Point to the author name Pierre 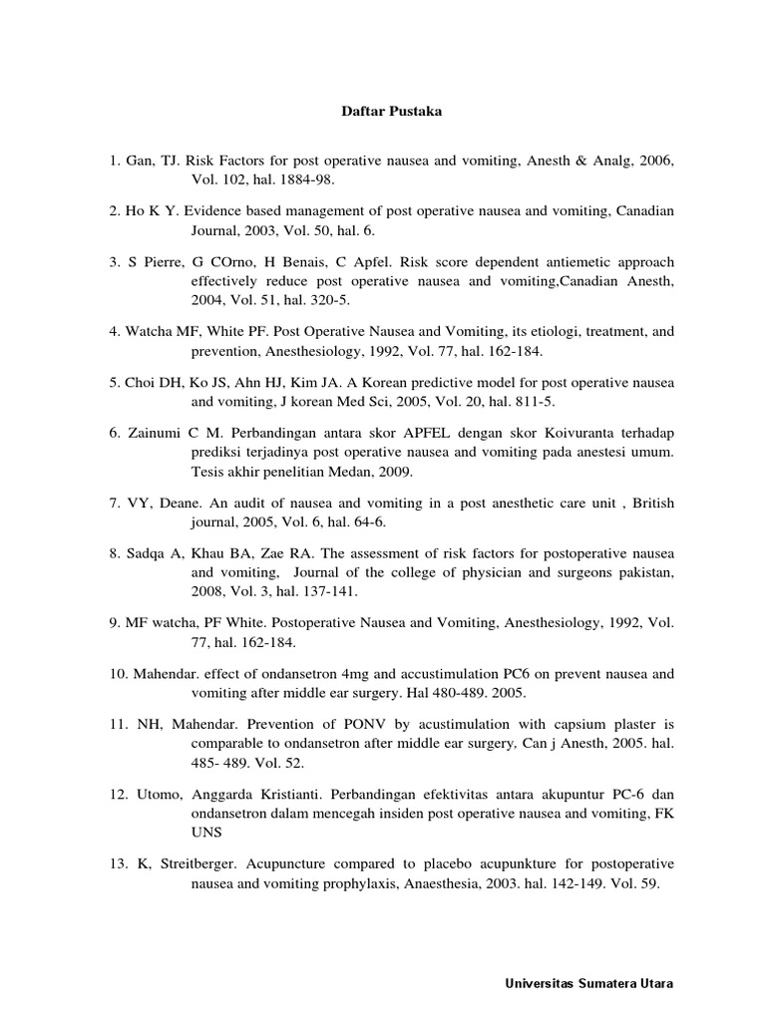pos(161,260)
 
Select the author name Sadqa pos(147,551)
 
